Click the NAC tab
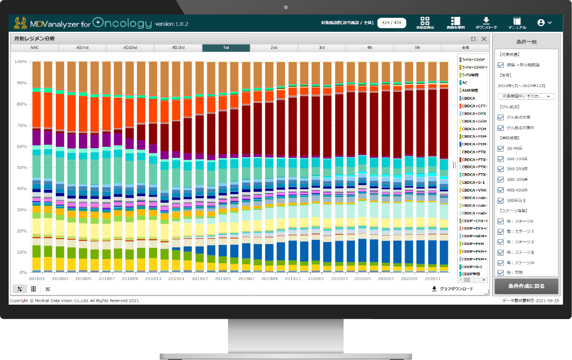tap(34, 48)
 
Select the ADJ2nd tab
tap(130, 48)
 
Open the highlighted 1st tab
tap(226, 48)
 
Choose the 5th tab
tap(417, 48)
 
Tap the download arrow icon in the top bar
tap(486, 21)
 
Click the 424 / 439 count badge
tap(392, 23)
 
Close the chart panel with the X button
tap(484, 39)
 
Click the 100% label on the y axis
tap(20, 62)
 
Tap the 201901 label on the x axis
tap(177, 279)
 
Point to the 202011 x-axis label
tap(433, 279)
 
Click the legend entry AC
tap(465, 83)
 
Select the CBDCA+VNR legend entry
tap(474, 190)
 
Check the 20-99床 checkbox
tap(501, 149)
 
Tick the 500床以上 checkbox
tap(501, 200)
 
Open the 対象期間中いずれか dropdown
tap(527, 96)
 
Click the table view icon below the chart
tap(33, 289)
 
